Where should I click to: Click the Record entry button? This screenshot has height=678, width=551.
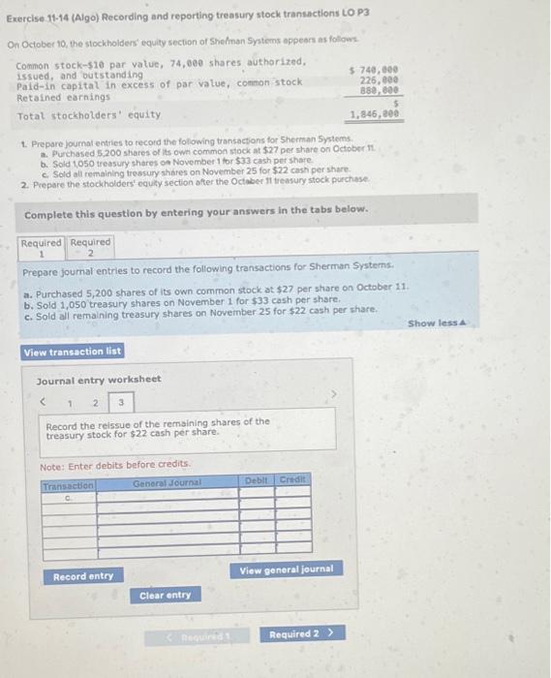click(83, 576)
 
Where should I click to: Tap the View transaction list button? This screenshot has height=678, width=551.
click(73, 352)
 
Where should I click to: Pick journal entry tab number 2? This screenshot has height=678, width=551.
click(95, 401)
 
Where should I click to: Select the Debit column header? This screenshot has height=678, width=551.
click(257, 480)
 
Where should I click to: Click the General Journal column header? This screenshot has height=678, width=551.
click(168, 481)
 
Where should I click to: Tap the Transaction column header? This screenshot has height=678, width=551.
click(68, 485)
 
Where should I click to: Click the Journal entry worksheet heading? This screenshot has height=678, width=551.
click(99, 379)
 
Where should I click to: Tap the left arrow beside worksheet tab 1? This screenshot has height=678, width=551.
click(42, 401)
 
